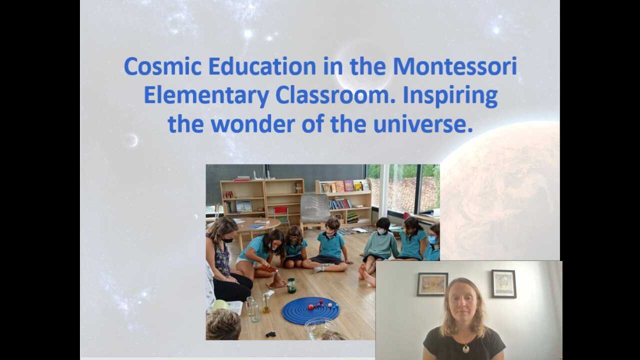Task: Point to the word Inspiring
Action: point(450,95)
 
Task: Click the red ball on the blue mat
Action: point(311,307)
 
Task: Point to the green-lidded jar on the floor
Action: point(291,285)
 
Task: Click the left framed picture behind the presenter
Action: point(432,284)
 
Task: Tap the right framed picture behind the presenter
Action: point(503,283)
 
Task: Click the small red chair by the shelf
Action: point(281,214)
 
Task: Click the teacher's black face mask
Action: point(228,240)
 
